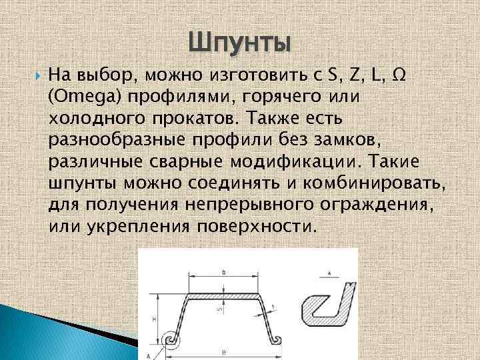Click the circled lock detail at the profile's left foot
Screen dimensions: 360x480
pyautogui.click(x=172, y=340)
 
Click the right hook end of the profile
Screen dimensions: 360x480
pyautogui.click(x=275, y=339)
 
